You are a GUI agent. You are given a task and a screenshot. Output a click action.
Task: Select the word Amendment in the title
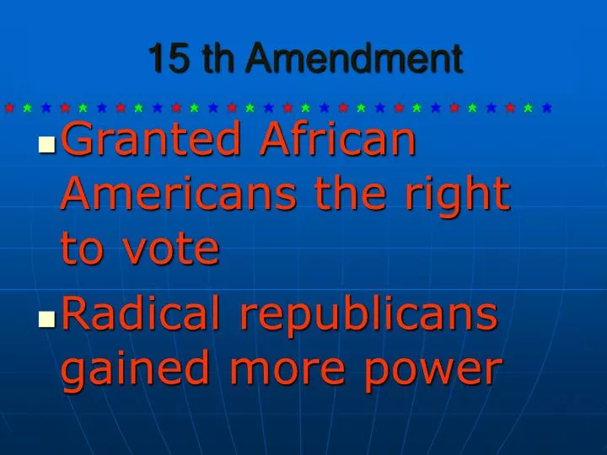[x=355, y=59]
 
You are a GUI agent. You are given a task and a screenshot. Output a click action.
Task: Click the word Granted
[x=153, y=141]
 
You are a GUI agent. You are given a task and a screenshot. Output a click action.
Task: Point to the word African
[x=338, y=139]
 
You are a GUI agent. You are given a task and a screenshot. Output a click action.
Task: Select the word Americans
[x=179, y=195]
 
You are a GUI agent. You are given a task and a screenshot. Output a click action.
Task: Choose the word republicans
[x=368, y=316]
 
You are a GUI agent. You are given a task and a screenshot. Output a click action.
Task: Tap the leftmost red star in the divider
[x=9, y=108]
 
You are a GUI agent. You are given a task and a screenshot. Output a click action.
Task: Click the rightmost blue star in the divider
[x=547, y=108]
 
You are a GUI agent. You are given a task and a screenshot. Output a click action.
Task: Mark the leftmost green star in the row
[x=28, y=108]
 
